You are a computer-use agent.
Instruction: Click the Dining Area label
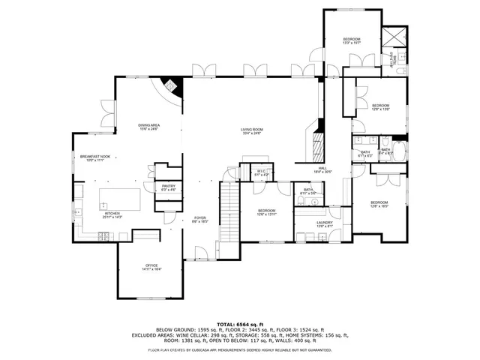point(148,126)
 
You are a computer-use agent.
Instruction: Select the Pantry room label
point(169,187)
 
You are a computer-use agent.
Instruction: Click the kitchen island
point(121,199)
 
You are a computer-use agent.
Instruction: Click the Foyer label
point(200,219)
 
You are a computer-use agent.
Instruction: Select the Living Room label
point(251,130)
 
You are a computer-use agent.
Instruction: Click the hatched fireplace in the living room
point(316,143)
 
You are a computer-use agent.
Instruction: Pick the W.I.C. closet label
point(261,172)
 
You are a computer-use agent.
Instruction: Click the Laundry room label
point(324,223)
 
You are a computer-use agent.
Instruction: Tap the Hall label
point(322,169)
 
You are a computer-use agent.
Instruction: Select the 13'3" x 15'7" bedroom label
point(352,40)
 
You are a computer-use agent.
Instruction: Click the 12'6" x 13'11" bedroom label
point(267,211)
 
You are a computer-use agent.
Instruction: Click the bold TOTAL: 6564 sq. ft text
point(240,324)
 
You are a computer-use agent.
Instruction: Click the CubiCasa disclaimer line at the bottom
point(240,349)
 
